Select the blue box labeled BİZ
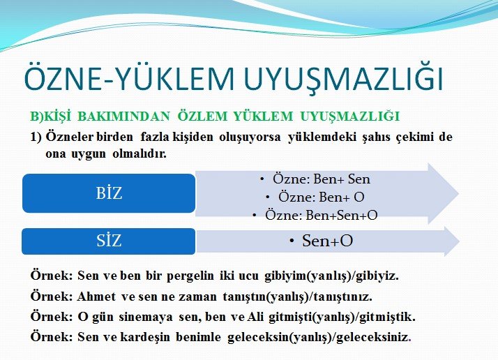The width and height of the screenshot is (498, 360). click(x=109, y=193)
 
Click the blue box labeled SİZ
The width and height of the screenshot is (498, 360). click(x=109, y=241)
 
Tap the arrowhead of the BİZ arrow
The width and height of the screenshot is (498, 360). click(x=444, y=193)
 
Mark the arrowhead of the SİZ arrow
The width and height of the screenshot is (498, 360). click(x=452, y=241)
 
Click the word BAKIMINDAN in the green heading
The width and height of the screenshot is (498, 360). click(x=124, y=117)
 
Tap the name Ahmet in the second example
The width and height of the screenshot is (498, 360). click(x=96, y=297)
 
